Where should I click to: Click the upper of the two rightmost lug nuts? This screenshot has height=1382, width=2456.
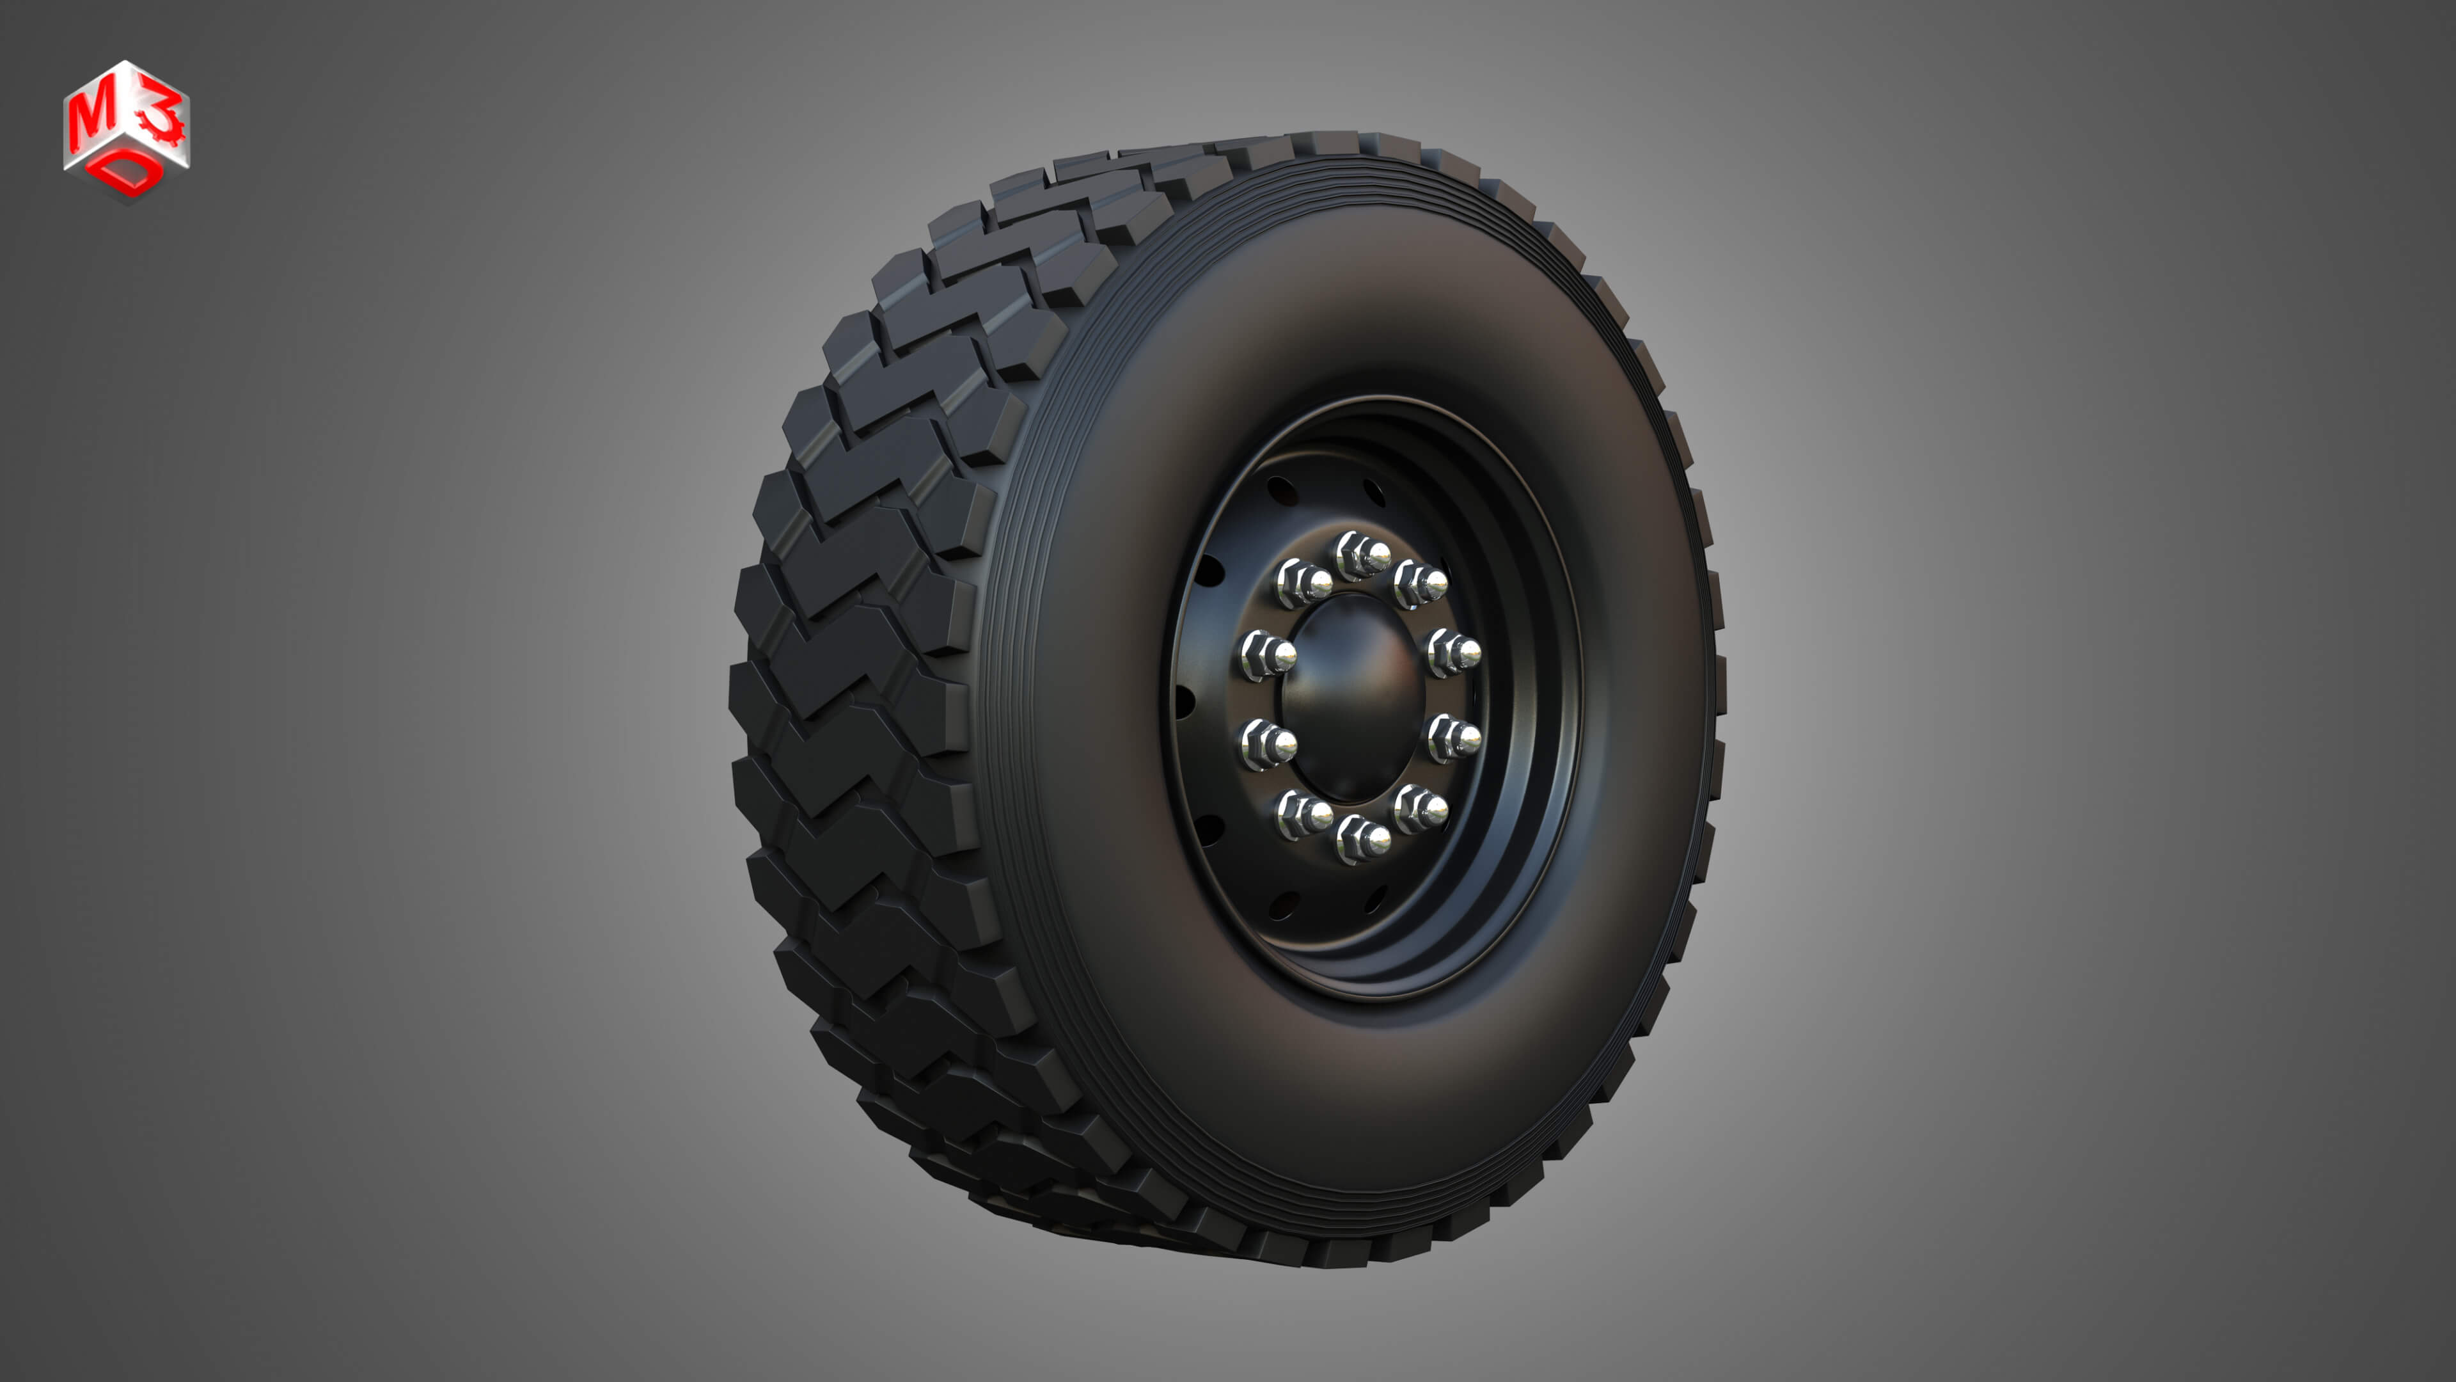click(x=1454, y=653)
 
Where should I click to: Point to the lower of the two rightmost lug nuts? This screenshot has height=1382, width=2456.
click(x=1454, y=737)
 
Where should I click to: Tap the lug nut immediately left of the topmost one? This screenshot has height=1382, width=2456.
click(x=1302, y=583)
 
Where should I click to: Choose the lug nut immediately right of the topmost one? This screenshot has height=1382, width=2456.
click(x=1421, y=584)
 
